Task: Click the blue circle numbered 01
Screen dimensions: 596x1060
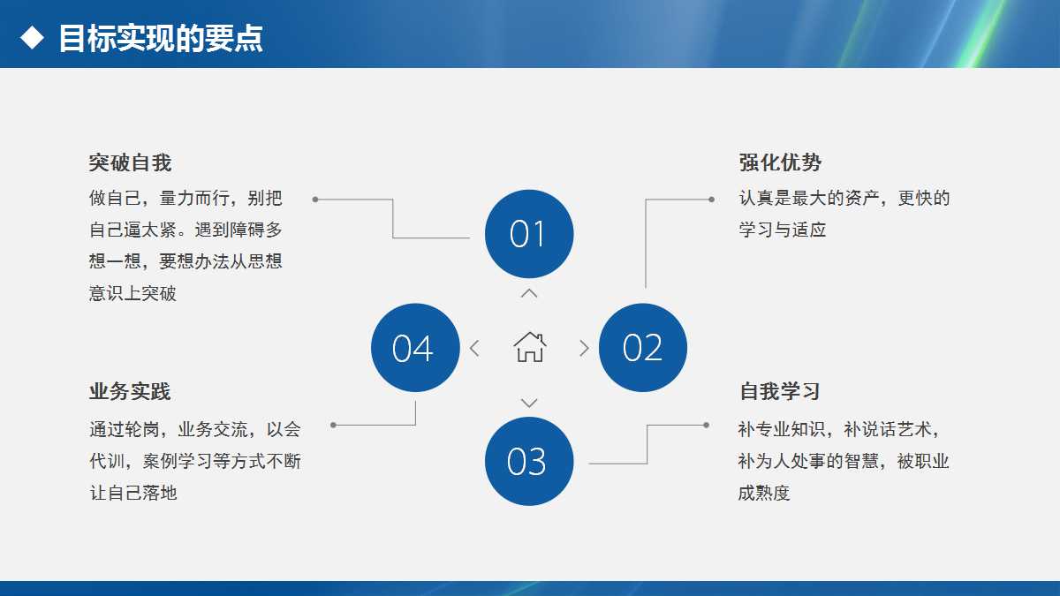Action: (x=529, y=234)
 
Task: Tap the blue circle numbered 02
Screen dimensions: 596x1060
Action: (x=643, y=348)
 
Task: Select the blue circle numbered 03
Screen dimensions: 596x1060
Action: (x=529, y=462)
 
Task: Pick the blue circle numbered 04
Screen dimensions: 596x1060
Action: (x=415, y=348)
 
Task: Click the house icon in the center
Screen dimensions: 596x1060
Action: (x=530, y=347)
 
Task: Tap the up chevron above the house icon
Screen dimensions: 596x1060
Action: (x=529, y=293)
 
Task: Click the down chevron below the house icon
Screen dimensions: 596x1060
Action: (x=529, y=403)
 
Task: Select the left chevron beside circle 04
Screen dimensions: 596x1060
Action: (x=474, y=348)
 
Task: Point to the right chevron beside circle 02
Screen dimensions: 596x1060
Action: (x=584, y=348)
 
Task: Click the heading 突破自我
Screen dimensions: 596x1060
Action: (x=130, y=162)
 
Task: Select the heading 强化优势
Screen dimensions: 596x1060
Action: (x=780, y=162)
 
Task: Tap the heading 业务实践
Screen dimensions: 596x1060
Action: (x=130, y=391)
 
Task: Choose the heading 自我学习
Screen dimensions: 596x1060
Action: (x=780, y=391)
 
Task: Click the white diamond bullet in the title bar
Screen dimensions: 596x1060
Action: (x=32, y=38)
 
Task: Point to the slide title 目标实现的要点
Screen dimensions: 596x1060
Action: (x=161, y=39)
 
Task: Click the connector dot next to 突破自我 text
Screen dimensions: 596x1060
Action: (x=315, y=200)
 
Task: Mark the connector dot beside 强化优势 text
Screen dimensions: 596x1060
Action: (x=711, y=200)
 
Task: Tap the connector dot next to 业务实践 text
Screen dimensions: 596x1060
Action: (x=333, y=425)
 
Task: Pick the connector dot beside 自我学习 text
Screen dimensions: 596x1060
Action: (x=706, y=425)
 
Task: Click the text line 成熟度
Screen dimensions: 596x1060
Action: (x=764, y=493)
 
